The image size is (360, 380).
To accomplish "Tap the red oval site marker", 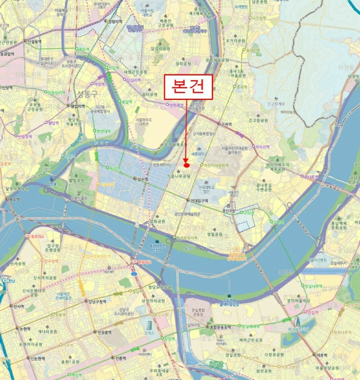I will coord(186,165).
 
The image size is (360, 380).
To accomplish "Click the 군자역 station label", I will coord(225,124).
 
